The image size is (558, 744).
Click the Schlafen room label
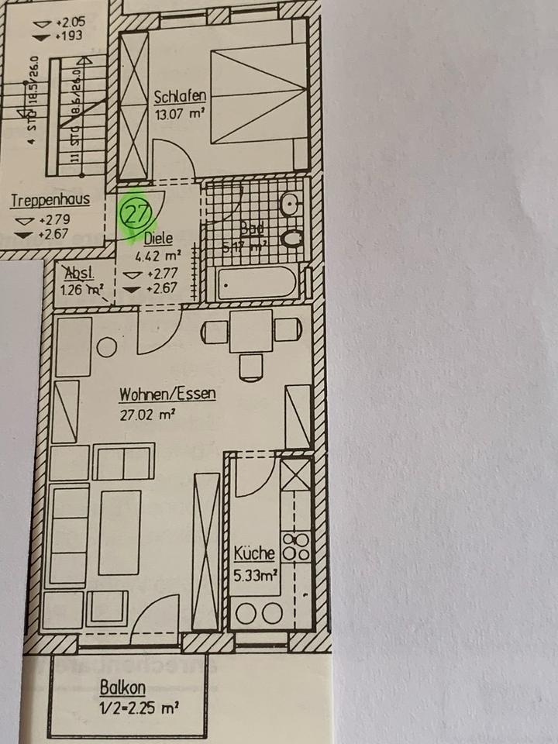(x=180, y=97)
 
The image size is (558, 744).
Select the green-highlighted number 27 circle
(x=136, y=214)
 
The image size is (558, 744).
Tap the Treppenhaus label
(x=50, y=201)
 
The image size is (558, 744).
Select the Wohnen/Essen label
(x=167, y=395)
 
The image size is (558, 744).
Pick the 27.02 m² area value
(x=147, y=414)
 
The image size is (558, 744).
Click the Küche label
(x=254, y=553)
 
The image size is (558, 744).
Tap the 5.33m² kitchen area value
(x=255, y=574)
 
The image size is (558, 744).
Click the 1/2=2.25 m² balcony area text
(x=139, y=707)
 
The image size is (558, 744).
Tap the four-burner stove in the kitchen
(x=297, y=546)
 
